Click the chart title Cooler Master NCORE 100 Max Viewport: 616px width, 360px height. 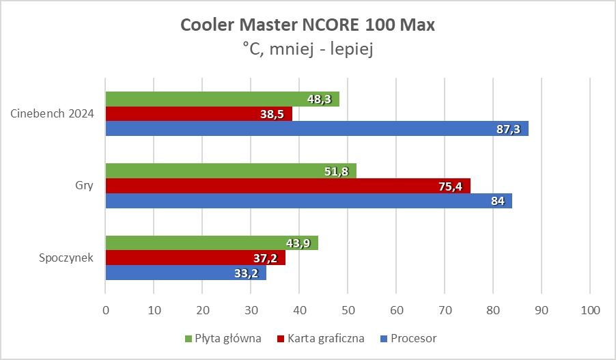click(307, 25)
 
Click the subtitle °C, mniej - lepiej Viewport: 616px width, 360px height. click(307, 49)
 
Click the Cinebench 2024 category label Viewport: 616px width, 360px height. click(53, 113)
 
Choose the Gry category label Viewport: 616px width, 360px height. click(85, 186)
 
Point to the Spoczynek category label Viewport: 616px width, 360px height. click(66, 258)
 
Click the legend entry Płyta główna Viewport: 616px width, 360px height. click(228, 338)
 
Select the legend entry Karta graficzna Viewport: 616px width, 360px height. click(326, 338)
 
